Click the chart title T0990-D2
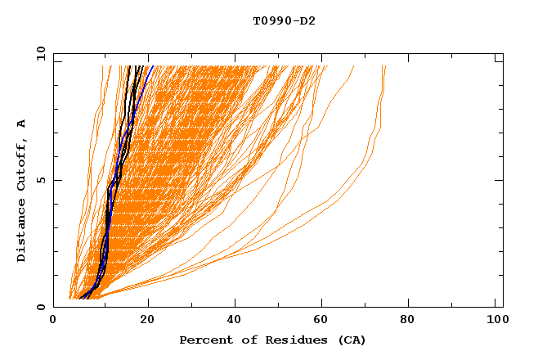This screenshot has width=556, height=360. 284,20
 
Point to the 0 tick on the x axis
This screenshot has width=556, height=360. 54,321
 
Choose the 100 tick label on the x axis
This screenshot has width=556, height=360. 495,321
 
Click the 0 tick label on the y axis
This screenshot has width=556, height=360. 41,307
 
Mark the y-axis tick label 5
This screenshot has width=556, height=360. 41,180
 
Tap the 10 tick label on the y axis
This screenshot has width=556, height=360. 38,53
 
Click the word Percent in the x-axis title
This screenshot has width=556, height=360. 203,340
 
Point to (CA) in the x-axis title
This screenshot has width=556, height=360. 352,340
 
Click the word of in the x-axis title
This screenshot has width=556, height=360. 243,340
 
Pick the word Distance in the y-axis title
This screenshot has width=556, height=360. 22,233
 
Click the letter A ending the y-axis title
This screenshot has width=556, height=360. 22,124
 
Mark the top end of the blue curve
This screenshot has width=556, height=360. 153,65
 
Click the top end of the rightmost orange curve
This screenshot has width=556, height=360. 385,65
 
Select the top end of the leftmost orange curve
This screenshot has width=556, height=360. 103,65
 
